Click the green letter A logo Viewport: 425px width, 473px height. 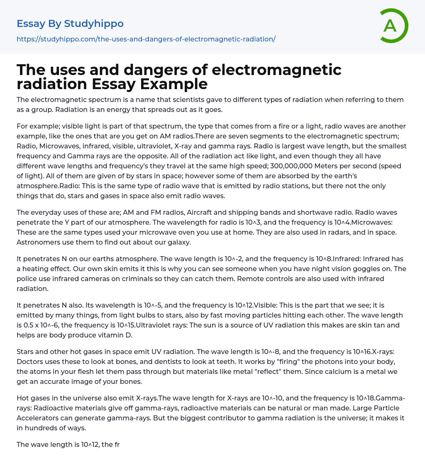(x=393, y=26)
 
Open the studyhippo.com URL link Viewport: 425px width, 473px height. (x=146, y=39)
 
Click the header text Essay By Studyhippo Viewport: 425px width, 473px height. (x=70, y=24)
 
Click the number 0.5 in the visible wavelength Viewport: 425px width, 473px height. (x=29, y=325)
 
